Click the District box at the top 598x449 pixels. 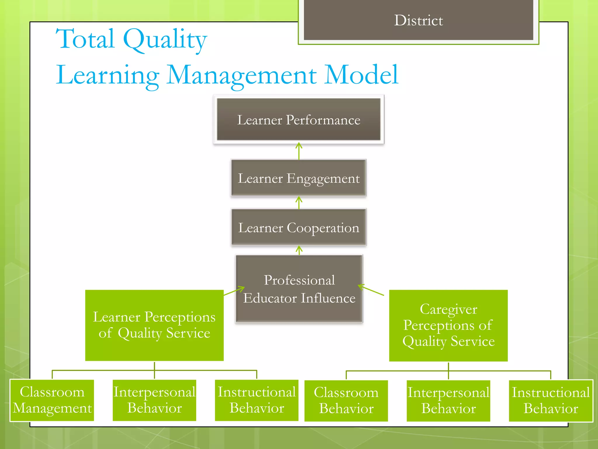tap(418, 20)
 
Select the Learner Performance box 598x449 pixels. tap(298, 119)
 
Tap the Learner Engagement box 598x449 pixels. tap(298, 178)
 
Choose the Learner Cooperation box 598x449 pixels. tap(298, 227)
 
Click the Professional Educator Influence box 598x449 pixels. tap(299, 289)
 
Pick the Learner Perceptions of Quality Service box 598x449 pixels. tap(154, 325)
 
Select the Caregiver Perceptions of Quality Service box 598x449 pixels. tap(448, 325)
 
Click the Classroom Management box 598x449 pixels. tap(52, 400)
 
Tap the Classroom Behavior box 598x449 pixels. tap(346, 400)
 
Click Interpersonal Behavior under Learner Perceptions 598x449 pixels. tap(154, 400)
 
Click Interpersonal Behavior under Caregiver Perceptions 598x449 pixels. tap(448, 400)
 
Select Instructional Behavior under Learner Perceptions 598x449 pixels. tap(256, 400)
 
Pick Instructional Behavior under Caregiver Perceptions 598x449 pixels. tap(551, 400)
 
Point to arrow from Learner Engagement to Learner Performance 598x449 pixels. tap(299, 151)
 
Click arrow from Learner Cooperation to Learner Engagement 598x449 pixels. tap(299, 203)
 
